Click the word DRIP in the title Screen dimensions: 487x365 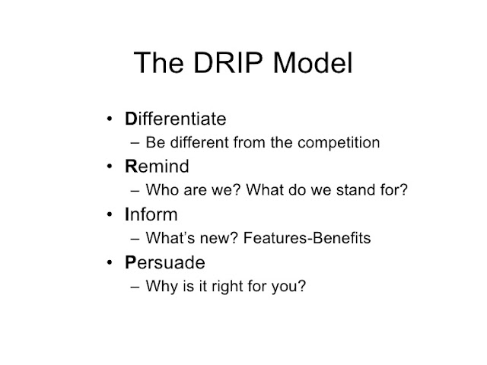point(228,62)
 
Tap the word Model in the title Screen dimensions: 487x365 point(313,62)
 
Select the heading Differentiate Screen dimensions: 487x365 point(176,119)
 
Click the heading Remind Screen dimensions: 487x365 point(157,166)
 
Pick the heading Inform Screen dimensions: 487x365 point(151,214)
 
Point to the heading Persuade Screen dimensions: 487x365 point(165,262)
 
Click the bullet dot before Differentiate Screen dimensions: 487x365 point(110,119)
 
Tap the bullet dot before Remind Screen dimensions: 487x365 point(110,167)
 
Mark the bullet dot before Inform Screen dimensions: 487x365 point(110,214)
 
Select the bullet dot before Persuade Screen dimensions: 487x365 point(110,262)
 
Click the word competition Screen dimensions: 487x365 point(339,143)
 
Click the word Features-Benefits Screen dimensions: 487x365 point(307,238)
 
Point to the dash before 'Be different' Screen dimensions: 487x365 point(135,143)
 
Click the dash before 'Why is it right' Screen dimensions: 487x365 point(135,287)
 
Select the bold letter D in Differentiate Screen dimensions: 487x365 point(131,119)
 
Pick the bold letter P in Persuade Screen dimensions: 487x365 point(130,262)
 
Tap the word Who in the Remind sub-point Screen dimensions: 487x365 point(162,190)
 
